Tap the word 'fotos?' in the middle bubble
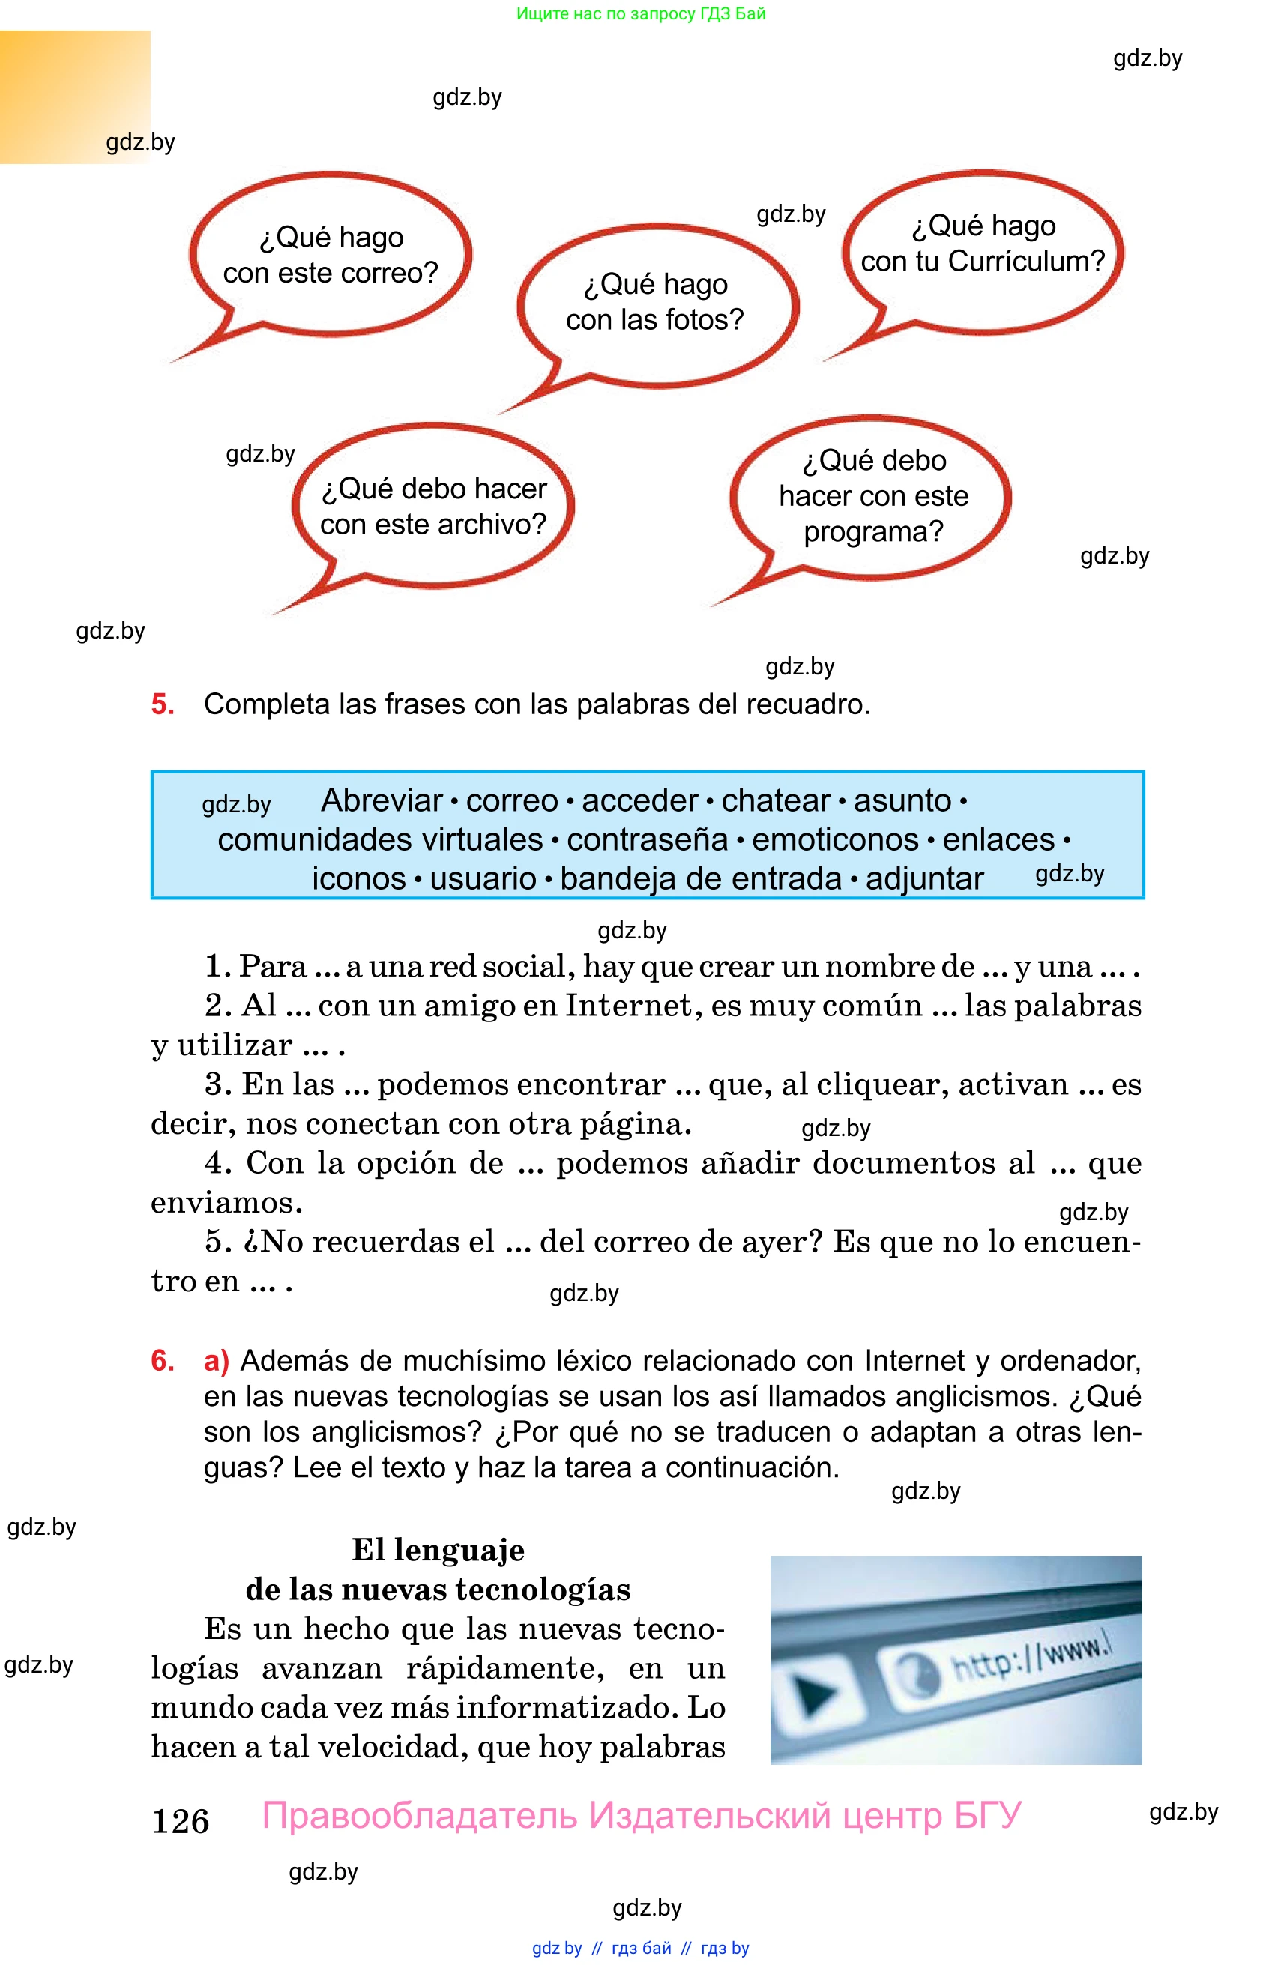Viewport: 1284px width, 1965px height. click(x=702, y=320)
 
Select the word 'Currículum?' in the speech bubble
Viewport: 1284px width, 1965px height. click(x=1026, y=262)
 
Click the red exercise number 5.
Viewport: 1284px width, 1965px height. click(x=163, y=704)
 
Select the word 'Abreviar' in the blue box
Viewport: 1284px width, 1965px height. click(x=382, y=801)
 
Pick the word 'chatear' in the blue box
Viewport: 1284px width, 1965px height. click(x=775, y=801)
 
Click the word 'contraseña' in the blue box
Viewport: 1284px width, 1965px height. click(x=648, y=839)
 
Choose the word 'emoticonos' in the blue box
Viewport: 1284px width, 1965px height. click(x=835, y=839)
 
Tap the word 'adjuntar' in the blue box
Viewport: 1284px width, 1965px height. click(x=924, y=879)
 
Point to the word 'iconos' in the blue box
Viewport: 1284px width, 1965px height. click(x=358, y=879)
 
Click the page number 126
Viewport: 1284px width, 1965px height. click(x=181, y=1821)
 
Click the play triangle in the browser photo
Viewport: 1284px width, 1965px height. click(x=816, y=1695)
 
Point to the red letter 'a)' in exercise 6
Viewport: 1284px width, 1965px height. click(x=217, y=1361)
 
